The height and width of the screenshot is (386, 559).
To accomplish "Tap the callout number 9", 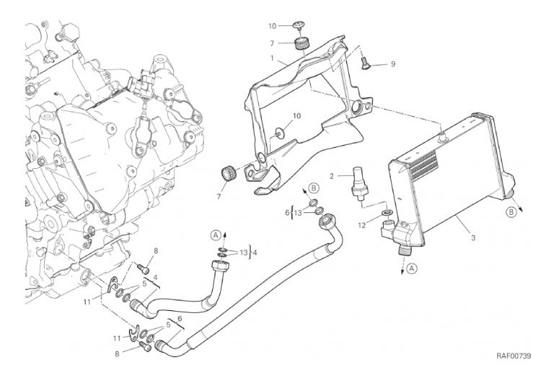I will [393, 64].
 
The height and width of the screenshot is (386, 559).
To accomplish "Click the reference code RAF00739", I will [513, 356].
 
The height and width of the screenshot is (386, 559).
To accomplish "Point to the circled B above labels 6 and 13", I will [314, 189].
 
